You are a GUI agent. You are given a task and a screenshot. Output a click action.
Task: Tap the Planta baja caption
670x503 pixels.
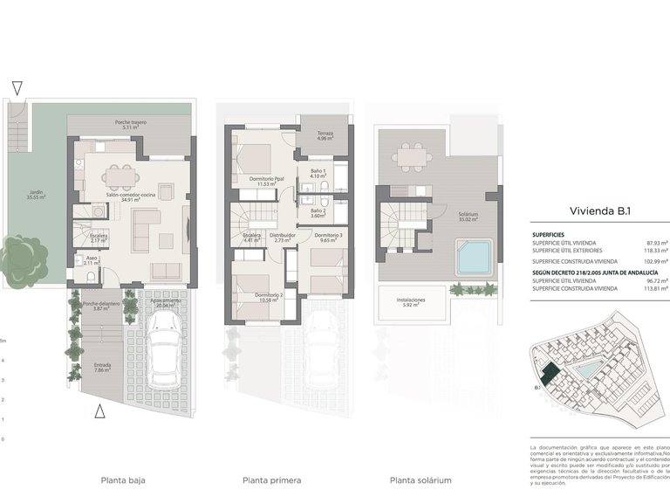[123, 480]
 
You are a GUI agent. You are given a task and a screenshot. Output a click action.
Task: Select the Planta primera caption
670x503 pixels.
[272, 480]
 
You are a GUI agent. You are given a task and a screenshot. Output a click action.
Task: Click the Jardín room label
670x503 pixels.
[36, 196]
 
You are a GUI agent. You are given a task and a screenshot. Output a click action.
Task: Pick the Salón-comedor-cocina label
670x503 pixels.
[131, 197]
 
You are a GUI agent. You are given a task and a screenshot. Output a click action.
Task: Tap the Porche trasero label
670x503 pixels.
[131, 125]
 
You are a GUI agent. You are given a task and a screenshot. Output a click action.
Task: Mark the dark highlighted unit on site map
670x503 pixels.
[548, 373]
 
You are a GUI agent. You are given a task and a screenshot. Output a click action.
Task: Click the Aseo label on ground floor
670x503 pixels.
[92, 259]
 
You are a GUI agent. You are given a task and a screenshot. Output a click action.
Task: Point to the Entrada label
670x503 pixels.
[101, 367]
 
